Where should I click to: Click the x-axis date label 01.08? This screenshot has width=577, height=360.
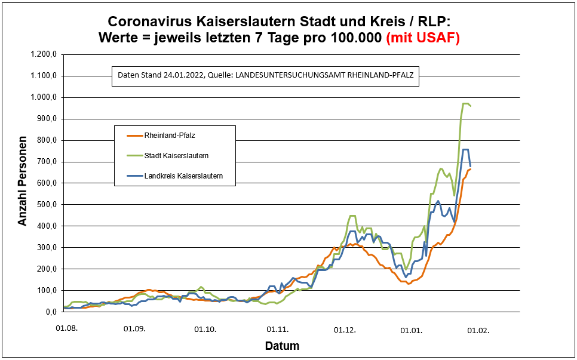pyautogui.click(x=66, y=328)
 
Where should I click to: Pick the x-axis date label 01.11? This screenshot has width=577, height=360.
pyautogui.click(x=277, y=328)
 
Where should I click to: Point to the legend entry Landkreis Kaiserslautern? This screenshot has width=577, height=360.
pyautogui.click(x=183, y=176)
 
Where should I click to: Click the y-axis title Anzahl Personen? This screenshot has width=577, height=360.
pyautogui.click(x=23, y=183)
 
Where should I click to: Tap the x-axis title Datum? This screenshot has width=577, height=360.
pyautogui.click(x=282, y=346)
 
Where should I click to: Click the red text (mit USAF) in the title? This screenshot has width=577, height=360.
pyautogui.click(x=423, y=38)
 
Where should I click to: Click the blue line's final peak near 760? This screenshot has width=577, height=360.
pyautogui.click(x=466, y=149)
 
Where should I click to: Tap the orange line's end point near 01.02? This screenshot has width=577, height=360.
pyautogui.click(x=471, y=169)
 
